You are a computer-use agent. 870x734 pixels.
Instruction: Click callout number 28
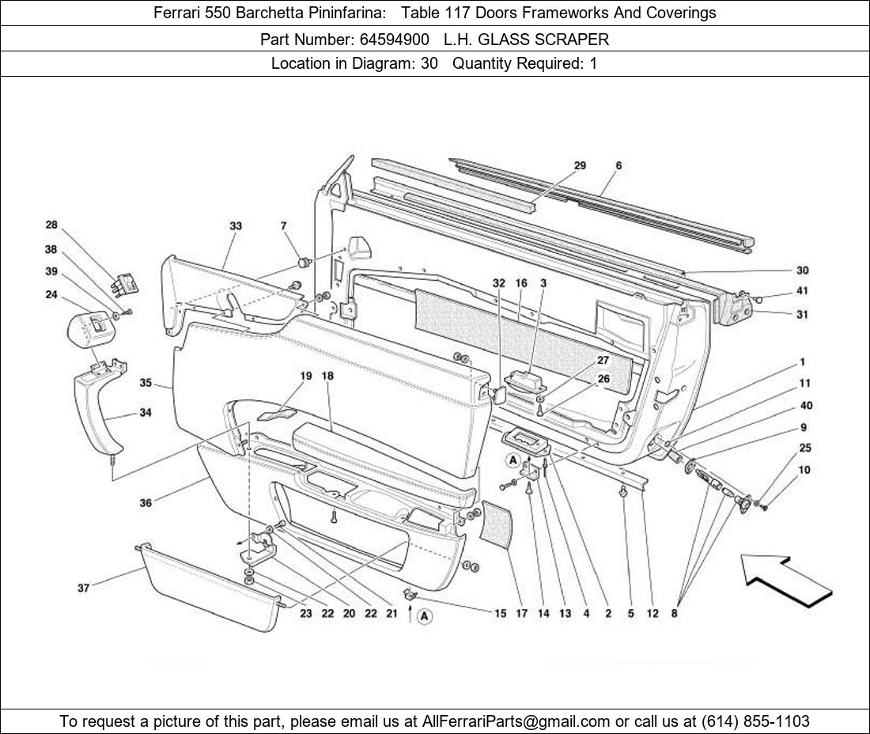point(51,225)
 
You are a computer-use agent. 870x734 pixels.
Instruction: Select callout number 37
point(83,588)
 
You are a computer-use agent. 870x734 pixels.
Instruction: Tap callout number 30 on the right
point(802,271)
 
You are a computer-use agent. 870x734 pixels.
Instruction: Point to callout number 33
point(236,225)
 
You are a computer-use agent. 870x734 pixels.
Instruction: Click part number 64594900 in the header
point(394,40)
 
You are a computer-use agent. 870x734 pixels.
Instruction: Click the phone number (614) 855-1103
point(755,721)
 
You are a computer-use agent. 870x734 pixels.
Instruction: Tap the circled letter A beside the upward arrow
point(425,616)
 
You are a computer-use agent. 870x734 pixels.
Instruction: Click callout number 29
point(580,165)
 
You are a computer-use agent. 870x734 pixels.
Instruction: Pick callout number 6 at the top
point(618,165)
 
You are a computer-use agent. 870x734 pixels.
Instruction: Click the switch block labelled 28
point(125,285)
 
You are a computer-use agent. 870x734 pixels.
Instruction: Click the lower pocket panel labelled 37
point(208,585)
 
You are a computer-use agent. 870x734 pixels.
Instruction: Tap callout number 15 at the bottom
point(500,613)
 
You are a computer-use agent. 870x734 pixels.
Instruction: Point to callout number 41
point(802,291)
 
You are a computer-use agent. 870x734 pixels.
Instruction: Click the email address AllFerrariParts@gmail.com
point(516,721)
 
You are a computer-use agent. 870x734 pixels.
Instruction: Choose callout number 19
point(306,376)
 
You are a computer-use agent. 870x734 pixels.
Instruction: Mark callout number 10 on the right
point(804,470)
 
